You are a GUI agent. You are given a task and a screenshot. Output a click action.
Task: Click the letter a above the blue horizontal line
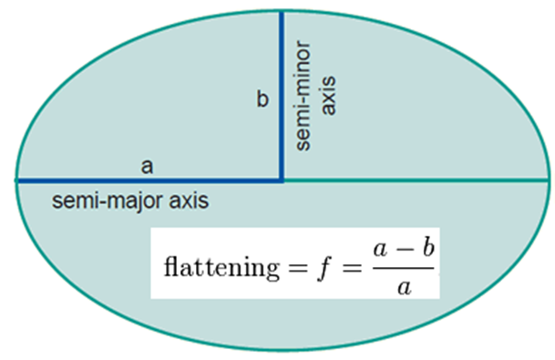tap(147, 167)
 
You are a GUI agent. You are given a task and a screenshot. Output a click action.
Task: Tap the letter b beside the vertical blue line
tap(262, 98)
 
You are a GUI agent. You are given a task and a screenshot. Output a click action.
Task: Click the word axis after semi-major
tap(189, 201)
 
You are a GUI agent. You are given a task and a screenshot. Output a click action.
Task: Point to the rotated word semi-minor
tap(303, 96)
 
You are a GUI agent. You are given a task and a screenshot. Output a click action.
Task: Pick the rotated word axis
tap(327, 95)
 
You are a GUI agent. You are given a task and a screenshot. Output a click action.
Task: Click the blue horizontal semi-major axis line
tap(149, 180)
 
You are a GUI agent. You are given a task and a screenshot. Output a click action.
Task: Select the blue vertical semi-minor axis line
tap(282, 97)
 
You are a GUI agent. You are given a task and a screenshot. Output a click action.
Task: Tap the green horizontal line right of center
tap(416, 180)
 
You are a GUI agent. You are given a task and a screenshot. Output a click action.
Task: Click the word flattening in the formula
tap(221, 267)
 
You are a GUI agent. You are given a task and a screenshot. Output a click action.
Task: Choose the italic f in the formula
tap(325, 268)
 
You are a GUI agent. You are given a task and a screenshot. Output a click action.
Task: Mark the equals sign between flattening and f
tap(298, 268)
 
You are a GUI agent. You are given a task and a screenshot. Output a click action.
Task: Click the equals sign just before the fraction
tap(352, 268)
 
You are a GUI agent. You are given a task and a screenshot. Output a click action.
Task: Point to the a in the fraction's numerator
tap(380, 250)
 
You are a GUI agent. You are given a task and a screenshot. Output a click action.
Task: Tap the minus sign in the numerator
tap(405, 249)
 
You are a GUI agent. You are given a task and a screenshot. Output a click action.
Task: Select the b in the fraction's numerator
tap(428, 247)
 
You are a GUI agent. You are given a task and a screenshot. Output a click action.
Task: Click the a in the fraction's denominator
tap(405, 288)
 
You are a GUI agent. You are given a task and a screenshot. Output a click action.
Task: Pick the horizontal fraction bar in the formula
tap(403, 268)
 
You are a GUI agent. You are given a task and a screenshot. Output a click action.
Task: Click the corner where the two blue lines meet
tap(282, 180)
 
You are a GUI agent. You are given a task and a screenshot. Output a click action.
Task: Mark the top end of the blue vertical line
tap(282, 12)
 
